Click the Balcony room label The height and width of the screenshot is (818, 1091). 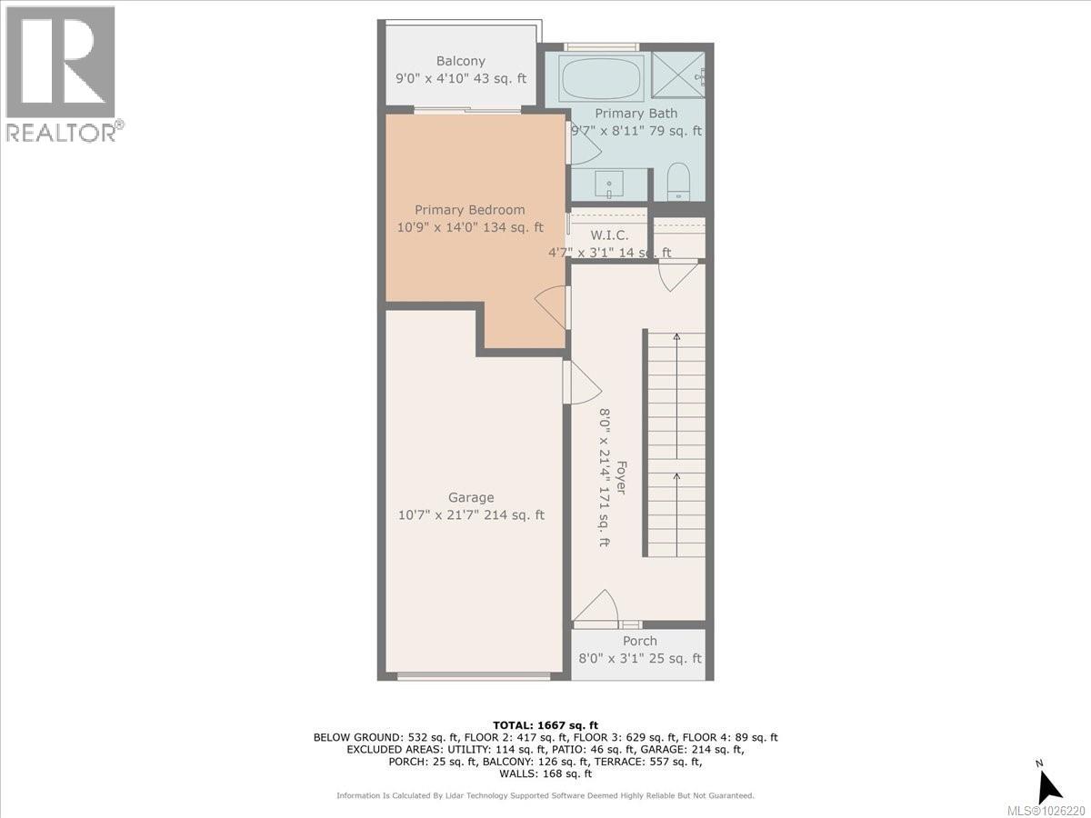coord(460,62)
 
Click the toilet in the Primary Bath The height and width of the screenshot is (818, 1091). coord(679,182)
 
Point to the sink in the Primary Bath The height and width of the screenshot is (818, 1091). coord(608,185)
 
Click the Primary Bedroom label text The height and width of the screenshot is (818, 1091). coord(470,210)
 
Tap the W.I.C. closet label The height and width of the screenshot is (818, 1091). coord(609,235)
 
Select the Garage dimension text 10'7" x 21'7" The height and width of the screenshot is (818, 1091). coord(471,515)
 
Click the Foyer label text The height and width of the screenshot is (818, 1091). coord(622,477)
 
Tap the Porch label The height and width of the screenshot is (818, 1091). coord(639,641)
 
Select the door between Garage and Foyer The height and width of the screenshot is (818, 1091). coord(580,381)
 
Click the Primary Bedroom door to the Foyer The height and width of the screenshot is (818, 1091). coord(553,307)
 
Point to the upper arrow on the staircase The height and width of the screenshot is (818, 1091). coord(676,338)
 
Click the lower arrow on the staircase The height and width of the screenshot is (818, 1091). coord(676,476)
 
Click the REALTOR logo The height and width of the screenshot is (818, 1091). coord(61,74)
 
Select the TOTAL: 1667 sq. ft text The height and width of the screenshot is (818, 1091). coord(545,723)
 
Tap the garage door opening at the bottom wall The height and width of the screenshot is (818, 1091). coord(474,676)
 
